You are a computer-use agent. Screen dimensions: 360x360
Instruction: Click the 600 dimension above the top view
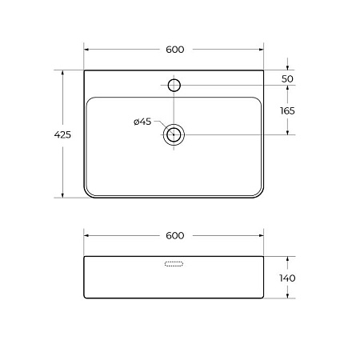175,50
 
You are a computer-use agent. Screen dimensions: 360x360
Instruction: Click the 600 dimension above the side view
175,236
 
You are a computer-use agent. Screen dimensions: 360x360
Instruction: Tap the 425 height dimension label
62,134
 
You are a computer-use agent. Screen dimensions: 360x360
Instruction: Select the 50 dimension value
287,79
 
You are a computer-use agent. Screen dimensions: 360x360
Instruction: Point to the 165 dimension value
287,110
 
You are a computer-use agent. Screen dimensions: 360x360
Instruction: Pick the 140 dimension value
287,278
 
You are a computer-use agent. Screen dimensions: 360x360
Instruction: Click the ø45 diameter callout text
142,122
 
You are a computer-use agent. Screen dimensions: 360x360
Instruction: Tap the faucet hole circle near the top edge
174,86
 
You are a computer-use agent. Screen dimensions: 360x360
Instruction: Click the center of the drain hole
174,134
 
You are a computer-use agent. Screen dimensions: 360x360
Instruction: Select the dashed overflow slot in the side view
174,264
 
